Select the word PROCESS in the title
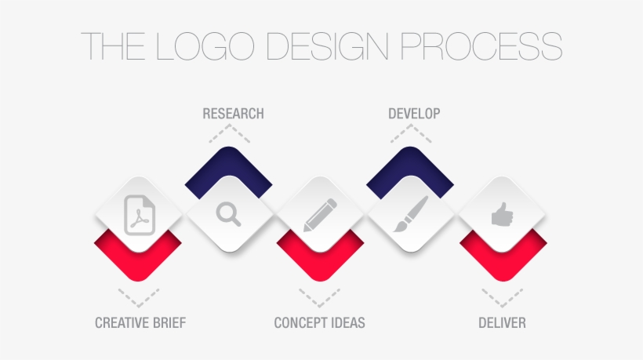click(481, 46)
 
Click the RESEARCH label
click(233, 114)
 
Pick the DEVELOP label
click(414, 114)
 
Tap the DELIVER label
click(502, 322)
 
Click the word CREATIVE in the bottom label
click(125, 322)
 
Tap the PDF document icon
click(139, 215)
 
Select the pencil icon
click(320, 214)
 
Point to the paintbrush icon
click(410, 214)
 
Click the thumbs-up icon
click(502, 214)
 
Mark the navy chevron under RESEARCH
click(228, 164)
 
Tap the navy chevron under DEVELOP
click(410, 164)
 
